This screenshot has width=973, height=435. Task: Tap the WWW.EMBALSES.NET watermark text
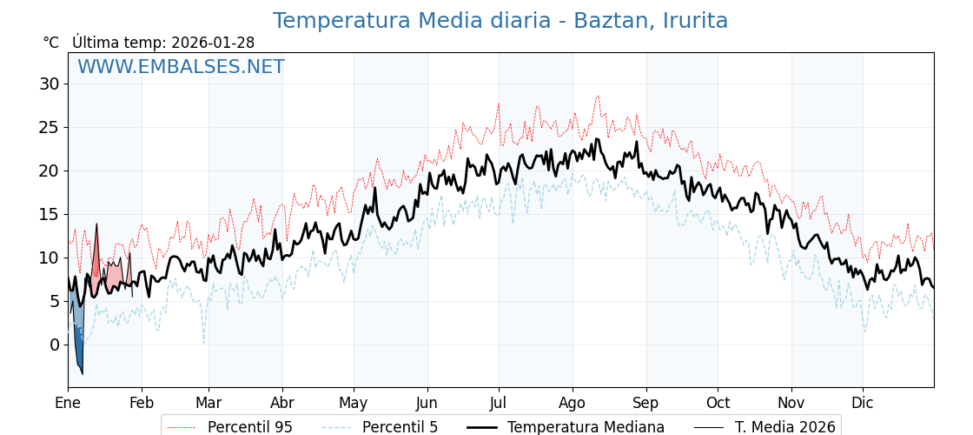click(x=181, y=67)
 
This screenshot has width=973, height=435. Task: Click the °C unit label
click(x=50, y=43)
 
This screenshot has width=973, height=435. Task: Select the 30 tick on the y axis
click(x=49, y=84)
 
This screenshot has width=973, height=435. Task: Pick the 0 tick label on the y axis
click(x=54, y=345)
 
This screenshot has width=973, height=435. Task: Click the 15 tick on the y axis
click(x=49, y=214)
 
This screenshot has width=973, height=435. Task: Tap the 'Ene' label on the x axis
click(x=68, y=403)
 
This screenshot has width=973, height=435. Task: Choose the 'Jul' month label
click(x=499, y=403)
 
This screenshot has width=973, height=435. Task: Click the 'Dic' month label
click(x=863, y=403)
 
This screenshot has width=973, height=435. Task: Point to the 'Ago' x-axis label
click(x=573, y=403)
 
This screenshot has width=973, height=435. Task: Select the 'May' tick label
click(x=354, y=403)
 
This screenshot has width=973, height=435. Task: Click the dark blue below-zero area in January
click(x=78, y=355)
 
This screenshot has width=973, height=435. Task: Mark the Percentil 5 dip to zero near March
click(x=204, y=342)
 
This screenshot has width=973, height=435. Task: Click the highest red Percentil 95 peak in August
click(x=598, y=97)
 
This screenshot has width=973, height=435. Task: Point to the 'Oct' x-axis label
click(x=718, y=403)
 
